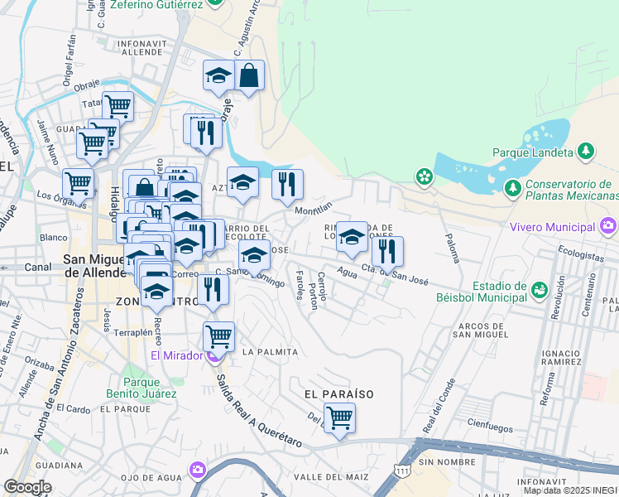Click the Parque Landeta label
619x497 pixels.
(x=533, y=152)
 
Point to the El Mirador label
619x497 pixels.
(x=176, y=356)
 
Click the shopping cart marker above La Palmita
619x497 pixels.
(x=218, y=335)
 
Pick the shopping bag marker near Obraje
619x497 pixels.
(x=249, y=76)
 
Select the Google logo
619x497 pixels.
(x=27, y=487)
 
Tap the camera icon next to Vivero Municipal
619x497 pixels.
(x=609, y=225)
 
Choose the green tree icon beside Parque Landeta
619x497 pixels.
(x=586, y=151)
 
